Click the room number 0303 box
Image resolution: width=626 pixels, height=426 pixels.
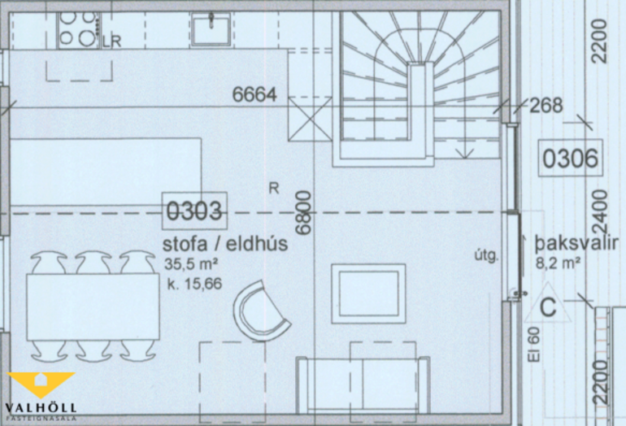(194, 211)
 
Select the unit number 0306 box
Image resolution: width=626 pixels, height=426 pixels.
(570, 158)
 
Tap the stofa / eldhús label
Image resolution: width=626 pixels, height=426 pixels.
(225, 244)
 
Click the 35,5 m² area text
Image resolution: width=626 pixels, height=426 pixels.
(191, 264)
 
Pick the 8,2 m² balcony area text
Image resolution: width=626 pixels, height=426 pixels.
(559, 263)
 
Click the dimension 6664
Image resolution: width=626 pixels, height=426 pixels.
(254, 95)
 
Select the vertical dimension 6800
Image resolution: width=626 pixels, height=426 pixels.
(303, 212)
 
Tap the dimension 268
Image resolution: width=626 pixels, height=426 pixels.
(546, 105)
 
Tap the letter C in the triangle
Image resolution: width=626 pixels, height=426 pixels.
(548, 307)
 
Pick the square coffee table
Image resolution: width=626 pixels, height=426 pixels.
(368, 293)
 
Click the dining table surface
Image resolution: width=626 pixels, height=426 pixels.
(93, 306)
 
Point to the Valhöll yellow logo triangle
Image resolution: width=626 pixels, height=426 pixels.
(41, 384)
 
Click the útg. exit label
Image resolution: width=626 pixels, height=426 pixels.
(487, 255)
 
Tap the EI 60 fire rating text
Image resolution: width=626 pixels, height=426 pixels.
(534, 345)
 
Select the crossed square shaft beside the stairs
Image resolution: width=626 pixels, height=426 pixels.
(310, 119)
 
